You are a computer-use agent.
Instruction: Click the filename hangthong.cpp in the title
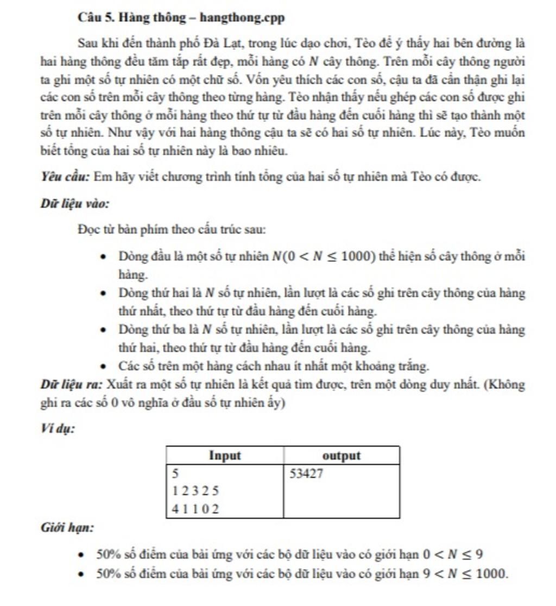(242, 18)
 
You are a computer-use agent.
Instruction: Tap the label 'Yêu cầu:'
(65, 177)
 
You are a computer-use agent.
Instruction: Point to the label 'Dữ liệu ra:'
(72, 385)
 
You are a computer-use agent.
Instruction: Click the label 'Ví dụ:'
(58, 429)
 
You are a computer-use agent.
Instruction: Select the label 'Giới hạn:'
(67, 528)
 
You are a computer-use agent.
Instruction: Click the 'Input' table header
(225, 456)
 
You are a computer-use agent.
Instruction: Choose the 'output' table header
(342, 456)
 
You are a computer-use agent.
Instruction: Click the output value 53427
(306, 474)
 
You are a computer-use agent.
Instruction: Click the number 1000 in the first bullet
(357, 257)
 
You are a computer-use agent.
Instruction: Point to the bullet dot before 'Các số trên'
(103, 367)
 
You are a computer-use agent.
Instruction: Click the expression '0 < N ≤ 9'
(453, 555)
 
